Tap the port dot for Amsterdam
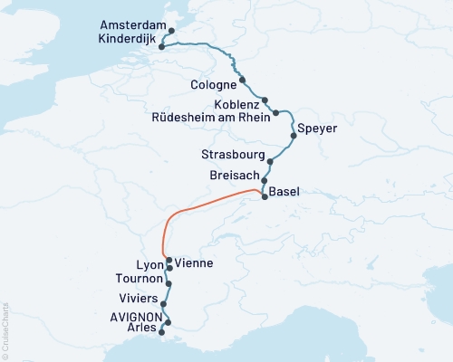click(171, 31)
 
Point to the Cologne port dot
click(242, 79)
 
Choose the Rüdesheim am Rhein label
click(213, 119)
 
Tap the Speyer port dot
click(293, 136)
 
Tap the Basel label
click(284, 192)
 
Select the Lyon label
click(148, 265)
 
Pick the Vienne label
click(194, 263)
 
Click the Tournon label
click(140, 280)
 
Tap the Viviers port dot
click(163, 305)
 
